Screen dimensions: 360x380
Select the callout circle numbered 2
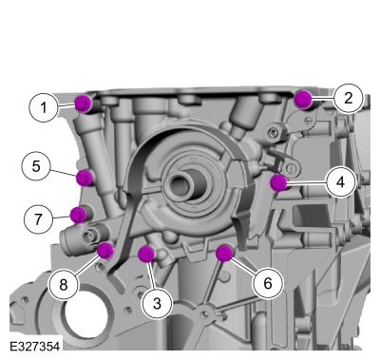tap(348, 96)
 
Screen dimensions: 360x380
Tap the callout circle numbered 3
tap(158, 303)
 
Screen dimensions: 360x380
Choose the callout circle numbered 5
tap(36, 167)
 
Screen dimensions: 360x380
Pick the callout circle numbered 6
tap(267, 283)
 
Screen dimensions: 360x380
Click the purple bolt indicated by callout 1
tap(83, 103)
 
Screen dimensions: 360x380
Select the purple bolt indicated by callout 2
tap(303, 98)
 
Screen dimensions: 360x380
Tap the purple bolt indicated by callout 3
tap(146, 254)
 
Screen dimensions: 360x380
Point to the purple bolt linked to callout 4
tap(278, 182)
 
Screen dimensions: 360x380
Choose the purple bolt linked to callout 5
tap(85, 178)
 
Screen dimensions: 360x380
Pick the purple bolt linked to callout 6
tap(225, 253)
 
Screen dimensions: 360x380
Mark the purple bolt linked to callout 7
tap(78, 214)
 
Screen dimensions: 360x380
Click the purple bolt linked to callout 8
tap(105, 251)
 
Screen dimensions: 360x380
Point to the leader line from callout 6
tap(245, 267)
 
